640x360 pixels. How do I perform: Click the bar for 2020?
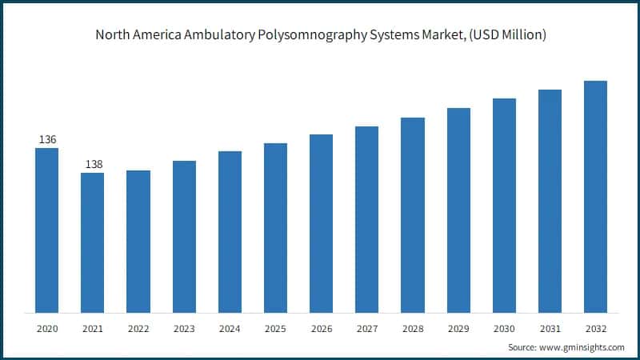pos(46,230)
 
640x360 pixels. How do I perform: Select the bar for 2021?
pos(93,242)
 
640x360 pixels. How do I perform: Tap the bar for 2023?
pos(184,237)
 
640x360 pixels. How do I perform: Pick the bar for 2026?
pos(321,223)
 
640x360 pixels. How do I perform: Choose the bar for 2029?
pos(458,210)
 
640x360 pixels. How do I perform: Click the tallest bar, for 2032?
pos(595,197)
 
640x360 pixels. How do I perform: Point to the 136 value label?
pos(47,140)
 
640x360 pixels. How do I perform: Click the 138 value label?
pos(94,165)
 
